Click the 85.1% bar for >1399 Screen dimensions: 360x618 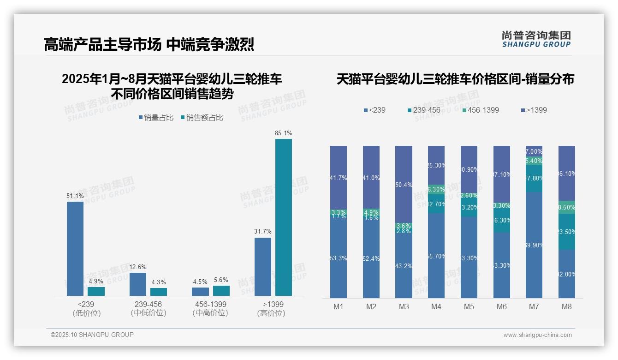[283, 217]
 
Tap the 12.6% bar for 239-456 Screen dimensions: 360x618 [137, 284]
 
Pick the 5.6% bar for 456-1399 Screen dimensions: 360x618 [221, 290]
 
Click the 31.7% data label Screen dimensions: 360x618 [262, 231]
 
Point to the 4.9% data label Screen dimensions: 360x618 [96, 281]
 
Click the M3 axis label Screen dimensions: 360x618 [404, 306]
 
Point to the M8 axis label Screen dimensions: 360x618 [567, 306]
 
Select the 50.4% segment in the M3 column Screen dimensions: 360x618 [404, 185]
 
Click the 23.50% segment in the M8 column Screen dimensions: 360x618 [567, 232]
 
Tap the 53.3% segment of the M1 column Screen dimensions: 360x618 [339, 258]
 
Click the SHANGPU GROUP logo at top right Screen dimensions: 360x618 [536, 39]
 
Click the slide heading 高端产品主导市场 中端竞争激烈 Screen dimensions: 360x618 [149, 45]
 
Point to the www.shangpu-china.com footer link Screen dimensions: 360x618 [537, 335]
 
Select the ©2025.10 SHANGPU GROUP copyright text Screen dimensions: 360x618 [92, 335]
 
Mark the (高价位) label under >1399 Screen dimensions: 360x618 [271, 313]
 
